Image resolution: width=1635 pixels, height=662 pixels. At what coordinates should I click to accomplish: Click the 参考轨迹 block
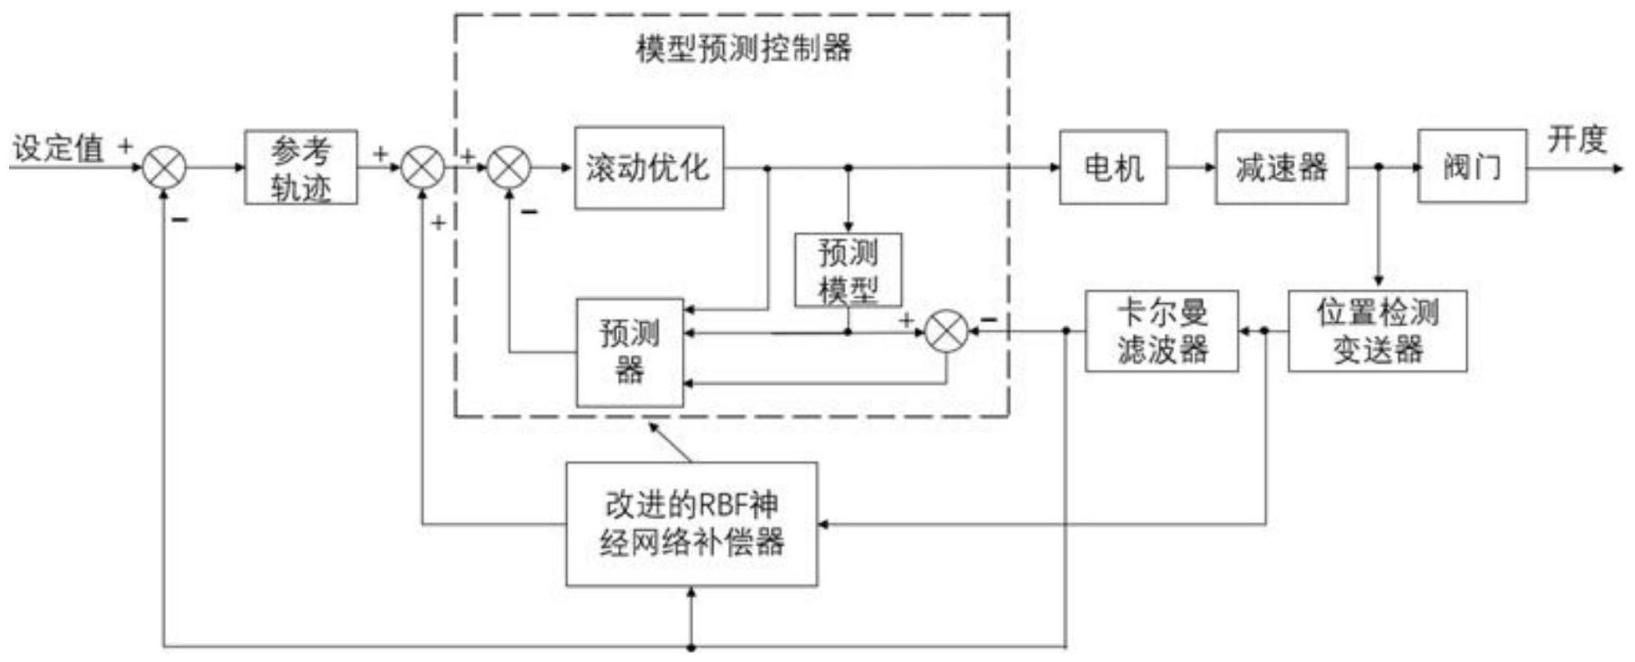tap(301, 167)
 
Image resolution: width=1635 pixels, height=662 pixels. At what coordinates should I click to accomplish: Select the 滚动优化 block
tap(649, 168)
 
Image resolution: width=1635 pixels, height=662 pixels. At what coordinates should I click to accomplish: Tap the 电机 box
tap(1112, 167)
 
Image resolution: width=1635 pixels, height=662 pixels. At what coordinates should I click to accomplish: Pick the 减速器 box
tap(1281, 167)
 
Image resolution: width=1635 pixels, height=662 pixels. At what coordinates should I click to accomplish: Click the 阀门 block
tap(1471, 166)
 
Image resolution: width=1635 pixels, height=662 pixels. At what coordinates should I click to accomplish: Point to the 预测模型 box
tap(848, 270)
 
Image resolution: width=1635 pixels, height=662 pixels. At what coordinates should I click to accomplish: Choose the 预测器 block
tap(630, 352)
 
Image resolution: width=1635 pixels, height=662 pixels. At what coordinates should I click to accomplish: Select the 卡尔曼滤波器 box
tap(1162, 331)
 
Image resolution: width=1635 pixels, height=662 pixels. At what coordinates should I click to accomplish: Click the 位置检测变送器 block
tap(1377, 331)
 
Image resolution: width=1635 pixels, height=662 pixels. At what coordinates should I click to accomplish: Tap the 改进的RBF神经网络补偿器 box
tap(691, 524)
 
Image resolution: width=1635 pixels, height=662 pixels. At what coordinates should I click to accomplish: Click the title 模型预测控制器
tap(743, 48)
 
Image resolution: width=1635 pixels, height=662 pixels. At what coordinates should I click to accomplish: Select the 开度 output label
tap(1577, 139)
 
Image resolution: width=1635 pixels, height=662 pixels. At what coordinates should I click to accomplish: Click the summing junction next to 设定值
tap(164, 168)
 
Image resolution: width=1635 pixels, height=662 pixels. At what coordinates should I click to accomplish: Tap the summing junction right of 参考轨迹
tap(423, 168)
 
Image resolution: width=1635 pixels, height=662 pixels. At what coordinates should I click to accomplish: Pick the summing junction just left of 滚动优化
tap(509, 168)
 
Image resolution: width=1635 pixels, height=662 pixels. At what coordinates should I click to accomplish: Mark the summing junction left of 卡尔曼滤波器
tap(946, 331)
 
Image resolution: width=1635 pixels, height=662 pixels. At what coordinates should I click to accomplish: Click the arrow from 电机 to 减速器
tap(1191, 167)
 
